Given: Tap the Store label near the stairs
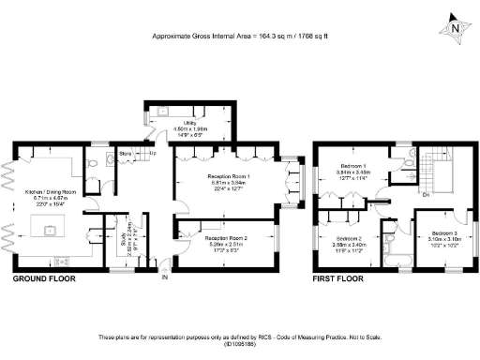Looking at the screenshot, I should coord(126,153).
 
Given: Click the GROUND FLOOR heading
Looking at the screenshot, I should coord(43,279).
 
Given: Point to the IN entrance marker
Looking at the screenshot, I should coord(165,278).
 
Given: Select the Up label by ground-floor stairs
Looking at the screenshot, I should coord(152,153).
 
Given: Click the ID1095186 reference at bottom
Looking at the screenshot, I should coord(239,344).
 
